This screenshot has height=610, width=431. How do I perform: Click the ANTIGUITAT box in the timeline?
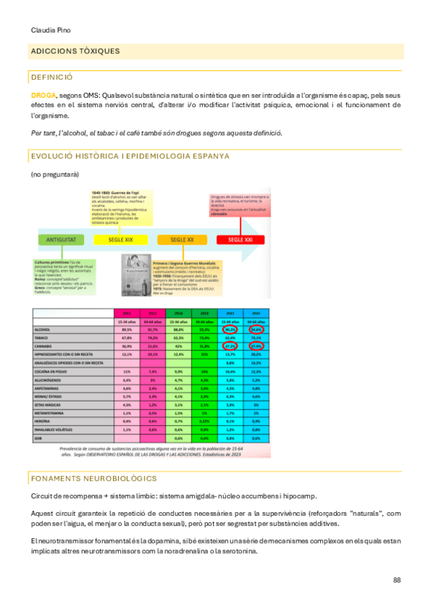[x=60, y=239]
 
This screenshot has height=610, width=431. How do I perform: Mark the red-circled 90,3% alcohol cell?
[x=230, y=329]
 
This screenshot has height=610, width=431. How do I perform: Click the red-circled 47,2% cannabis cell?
[x=230, y=345]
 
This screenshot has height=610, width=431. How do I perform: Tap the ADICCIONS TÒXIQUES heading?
[x=76, y=51]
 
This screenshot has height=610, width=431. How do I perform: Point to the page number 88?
[x=397, y=580]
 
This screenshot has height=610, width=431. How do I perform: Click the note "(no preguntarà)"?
[x=55, y=175]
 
